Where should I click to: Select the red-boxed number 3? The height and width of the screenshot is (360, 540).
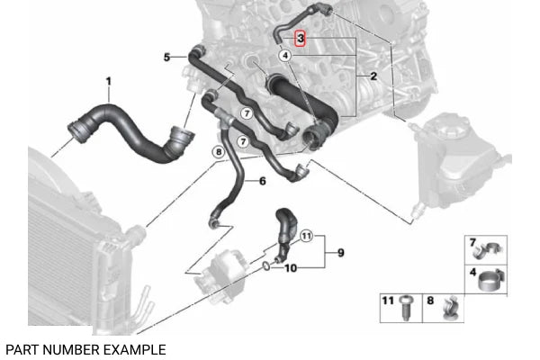pos(301,39)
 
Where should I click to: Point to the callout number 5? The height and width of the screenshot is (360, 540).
pos(166,58)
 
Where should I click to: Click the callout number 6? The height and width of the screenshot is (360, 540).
pos(262,181)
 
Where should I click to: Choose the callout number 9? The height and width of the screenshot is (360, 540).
pos(340,252)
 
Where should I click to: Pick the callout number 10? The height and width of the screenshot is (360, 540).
pos(290,268)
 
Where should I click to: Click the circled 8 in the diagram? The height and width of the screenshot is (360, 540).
pos(217,153)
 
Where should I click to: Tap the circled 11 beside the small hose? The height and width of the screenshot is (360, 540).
pos(306,237)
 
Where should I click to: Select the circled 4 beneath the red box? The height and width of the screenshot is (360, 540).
pos(285,56)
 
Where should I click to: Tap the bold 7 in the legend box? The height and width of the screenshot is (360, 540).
pos(472,240)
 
